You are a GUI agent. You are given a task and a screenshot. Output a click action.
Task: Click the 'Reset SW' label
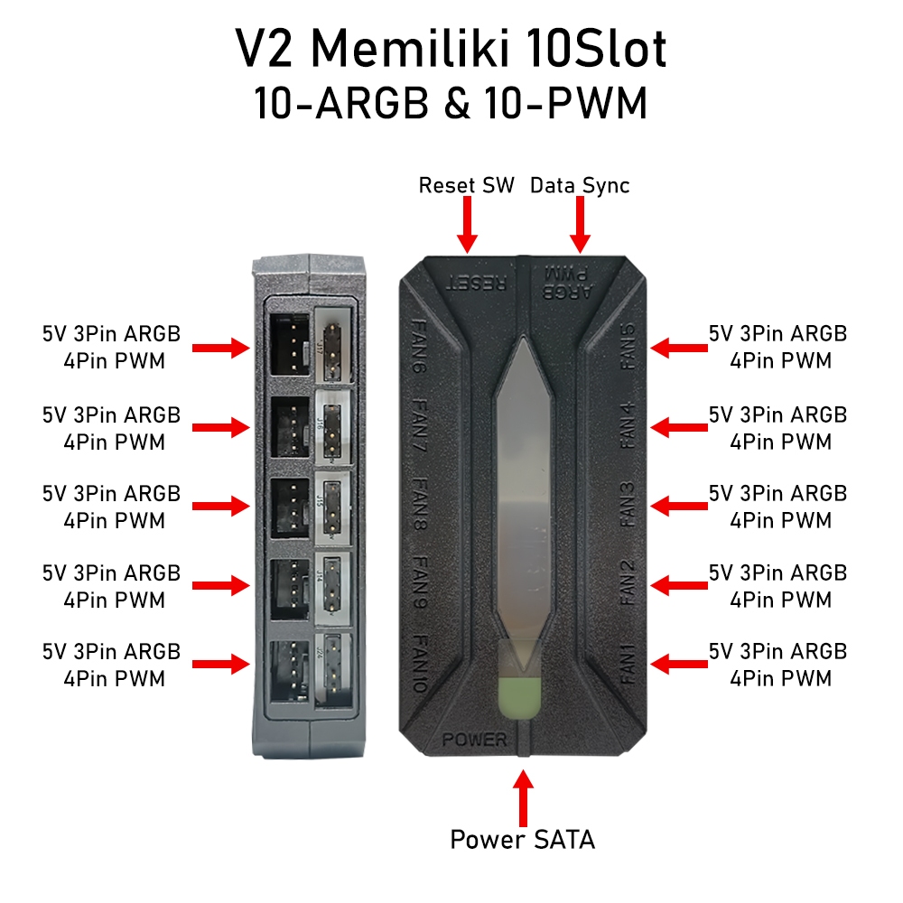[x=466, y=186]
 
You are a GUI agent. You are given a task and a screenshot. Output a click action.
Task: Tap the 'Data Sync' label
[x=580, y=186]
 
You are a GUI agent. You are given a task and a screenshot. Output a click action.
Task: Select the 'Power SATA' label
[x=523, y=840]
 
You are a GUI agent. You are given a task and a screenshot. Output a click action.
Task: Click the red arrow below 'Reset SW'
[x=467, y=226]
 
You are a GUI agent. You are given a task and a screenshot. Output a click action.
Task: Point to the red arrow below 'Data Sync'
[x=580, y=226]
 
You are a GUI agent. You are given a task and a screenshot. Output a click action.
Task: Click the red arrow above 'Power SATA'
[x=523, y=795]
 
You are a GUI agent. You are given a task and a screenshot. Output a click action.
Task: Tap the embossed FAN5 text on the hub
[x=629, y=349]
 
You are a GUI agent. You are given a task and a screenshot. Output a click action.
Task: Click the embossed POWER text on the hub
[x=475, y=740]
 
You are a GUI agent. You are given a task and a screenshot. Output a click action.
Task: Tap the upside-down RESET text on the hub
[x=475, y=282]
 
